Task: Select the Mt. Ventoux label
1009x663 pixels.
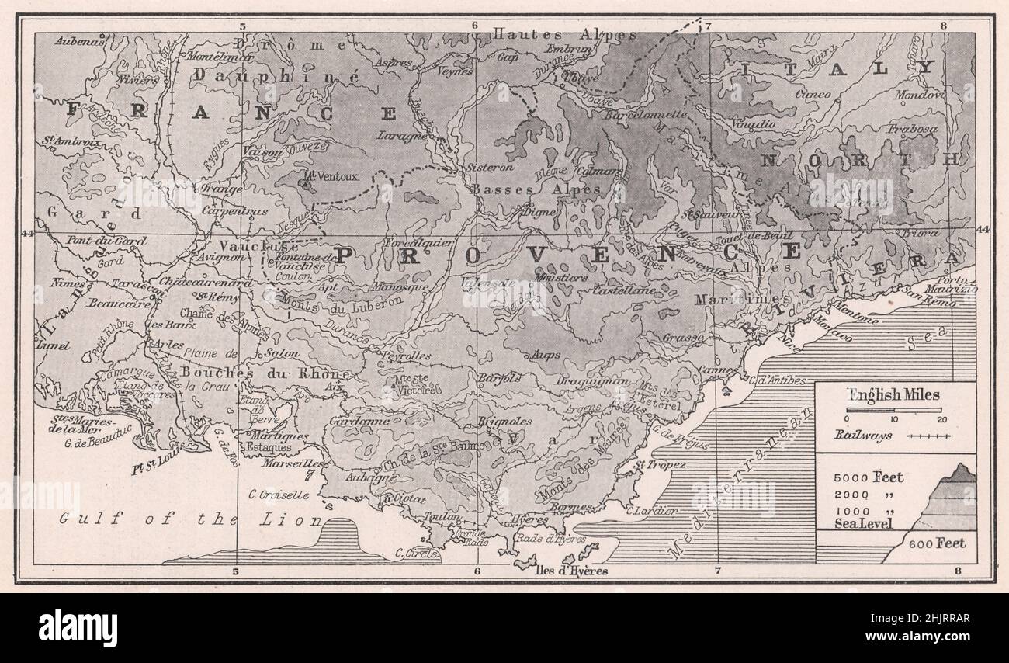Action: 331,176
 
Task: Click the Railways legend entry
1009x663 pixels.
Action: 858,436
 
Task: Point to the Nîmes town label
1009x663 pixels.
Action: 68,284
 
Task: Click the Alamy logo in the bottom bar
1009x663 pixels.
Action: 78,628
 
